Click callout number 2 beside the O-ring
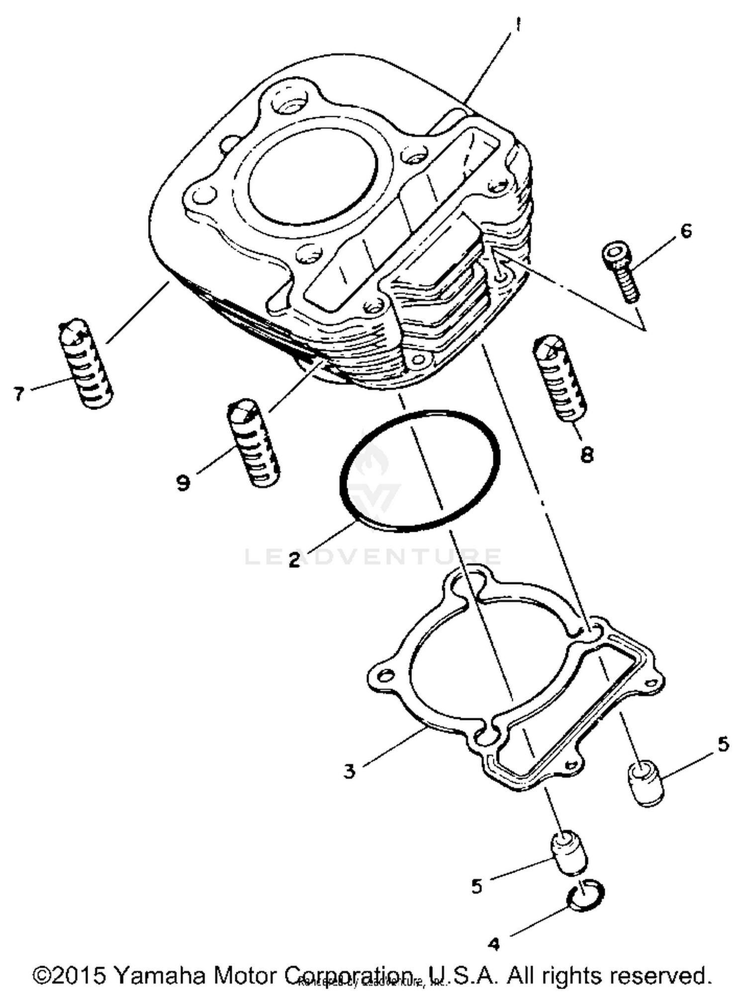click(294, 561)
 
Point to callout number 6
click(686, 231)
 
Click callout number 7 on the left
click(19, 394)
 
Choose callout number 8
click(587, 454)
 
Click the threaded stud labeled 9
click(253, 443)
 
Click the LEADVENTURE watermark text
click(373, 556)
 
